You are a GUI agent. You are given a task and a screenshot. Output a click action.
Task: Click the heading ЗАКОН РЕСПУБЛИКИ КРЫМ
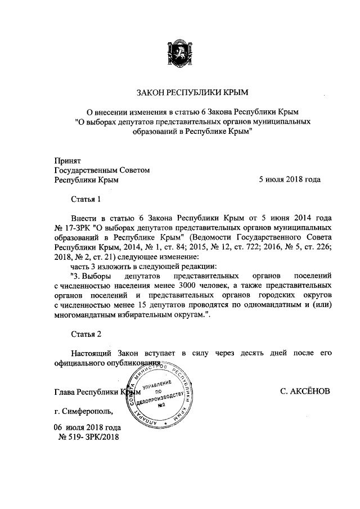192,92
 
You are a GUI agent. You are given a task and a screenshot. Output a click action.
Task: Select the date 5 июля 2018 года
289,180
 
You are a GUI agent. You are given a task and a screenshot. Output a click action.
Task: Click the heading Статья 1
86,199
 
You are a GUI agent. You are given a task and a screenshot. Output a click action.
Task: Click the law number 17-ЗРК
79,228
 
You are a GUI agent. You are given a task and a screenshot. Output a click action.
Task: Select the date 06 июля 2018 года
87,428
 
